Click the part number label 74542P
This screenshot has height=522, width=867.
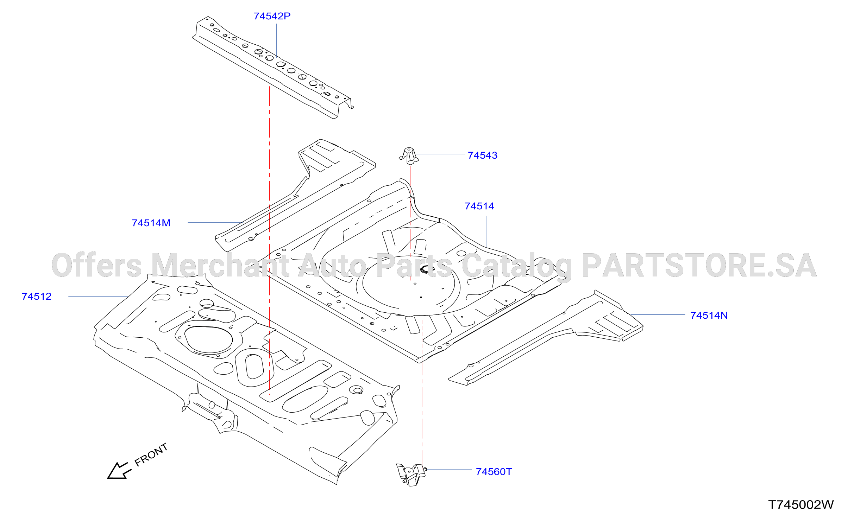[x=272, y=16]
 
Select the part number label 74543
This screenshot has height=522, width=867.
[x=483, y=155]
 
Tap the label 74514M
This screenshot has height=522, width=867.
[x=151, y=223]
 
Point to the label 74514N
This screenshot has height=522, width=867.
[x=709, y=316]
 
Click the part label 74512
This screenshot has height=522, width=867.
[x=37, y=297]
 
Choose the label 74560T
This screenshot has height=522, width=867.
[x=494, y=472]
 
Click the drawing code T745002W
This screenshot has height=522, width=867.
[x=801, y=505]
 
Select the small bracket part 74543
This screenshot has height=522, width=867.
[x=409, y=156]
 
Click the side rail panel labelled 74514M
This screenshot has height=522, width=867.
[x=296, y=195]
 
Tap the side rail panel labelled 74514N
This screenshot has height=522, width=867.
[x=546, y=338]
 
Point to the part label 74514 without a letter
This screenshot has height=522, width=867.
[x=479, y=206]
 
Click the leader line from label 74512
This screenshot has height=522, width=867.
[x=98, y=297]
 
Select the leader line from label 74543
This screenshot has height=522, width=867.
[x=440, y=154]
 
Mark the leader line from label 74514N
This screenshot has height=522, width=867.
[x=658, y=314]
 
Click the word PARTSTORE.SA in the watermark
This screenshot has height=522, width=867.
[x=699, y=265]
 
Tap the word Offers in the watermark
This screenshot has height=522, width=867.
[x=97, y=265]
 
